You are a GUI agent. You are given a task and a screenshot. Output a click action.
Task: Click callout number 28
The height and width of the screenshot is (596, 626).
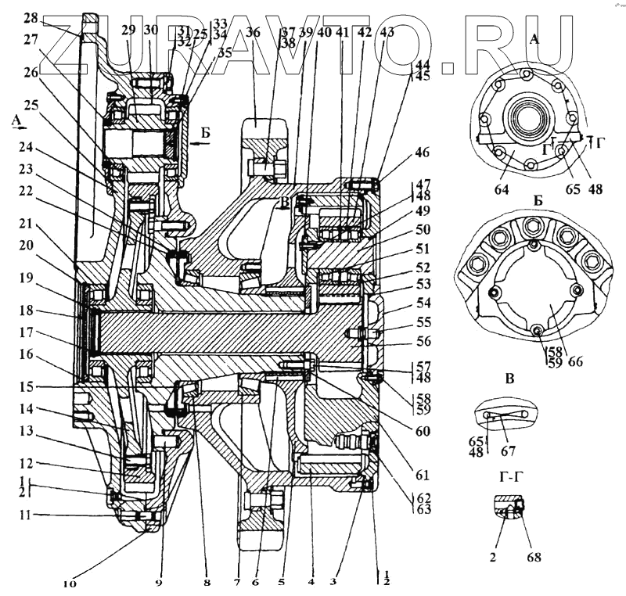(x=30, y=17)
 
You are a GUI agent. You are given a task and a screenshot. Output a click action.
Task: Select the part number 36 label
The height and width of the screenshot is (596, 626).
(x=253, y=33)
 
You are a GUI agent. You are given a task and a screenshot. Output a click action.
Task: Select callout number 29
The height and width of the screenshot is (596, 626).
(x=129, y=30)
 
